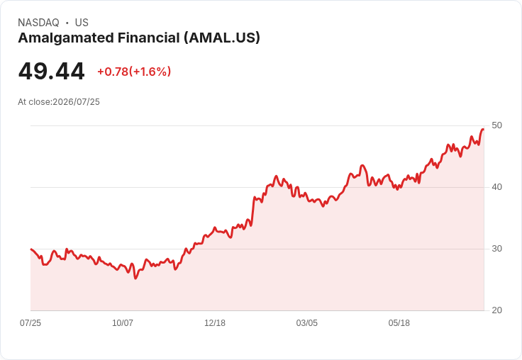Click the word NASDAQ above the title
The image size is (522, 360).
(38, 23)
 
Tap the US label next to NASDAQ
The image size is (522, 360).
(82, 23)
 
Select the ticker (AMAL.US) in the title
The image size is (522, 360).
(222, 38)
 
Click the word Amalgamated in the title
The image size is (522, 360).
(65, 38)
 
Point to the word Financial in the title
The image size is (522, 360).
(149, 38)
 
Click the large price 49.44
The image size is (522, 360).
(51, 72)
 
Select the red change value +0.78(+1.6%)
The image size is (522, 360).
(134, 72)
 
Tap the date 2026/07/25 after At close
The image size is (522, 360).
(76, 102)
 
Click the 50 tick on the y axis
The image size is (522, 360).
(496, 125)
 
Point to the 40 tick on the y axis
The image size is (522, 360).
(496, 187)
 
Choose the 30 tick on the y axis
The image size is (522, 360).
(496, 249)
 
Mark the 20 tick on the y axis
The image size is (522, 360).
(496, 310)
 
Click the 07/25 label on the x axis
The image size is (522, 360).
(30, 322)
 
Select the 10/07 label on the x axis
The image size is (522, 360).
(123, 322)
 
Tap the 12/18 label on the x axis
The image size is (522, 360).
(215, 322)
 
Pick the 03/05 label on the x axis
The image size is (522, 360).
(307, 322)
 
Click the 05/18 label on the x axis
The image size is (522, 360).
(399, 322)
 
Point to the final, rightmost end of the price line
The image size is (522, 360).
(484, 130)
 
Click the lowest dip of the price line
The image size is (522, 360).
(135, 279)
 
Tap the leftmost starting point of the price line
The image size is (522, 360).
(31, 249)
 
